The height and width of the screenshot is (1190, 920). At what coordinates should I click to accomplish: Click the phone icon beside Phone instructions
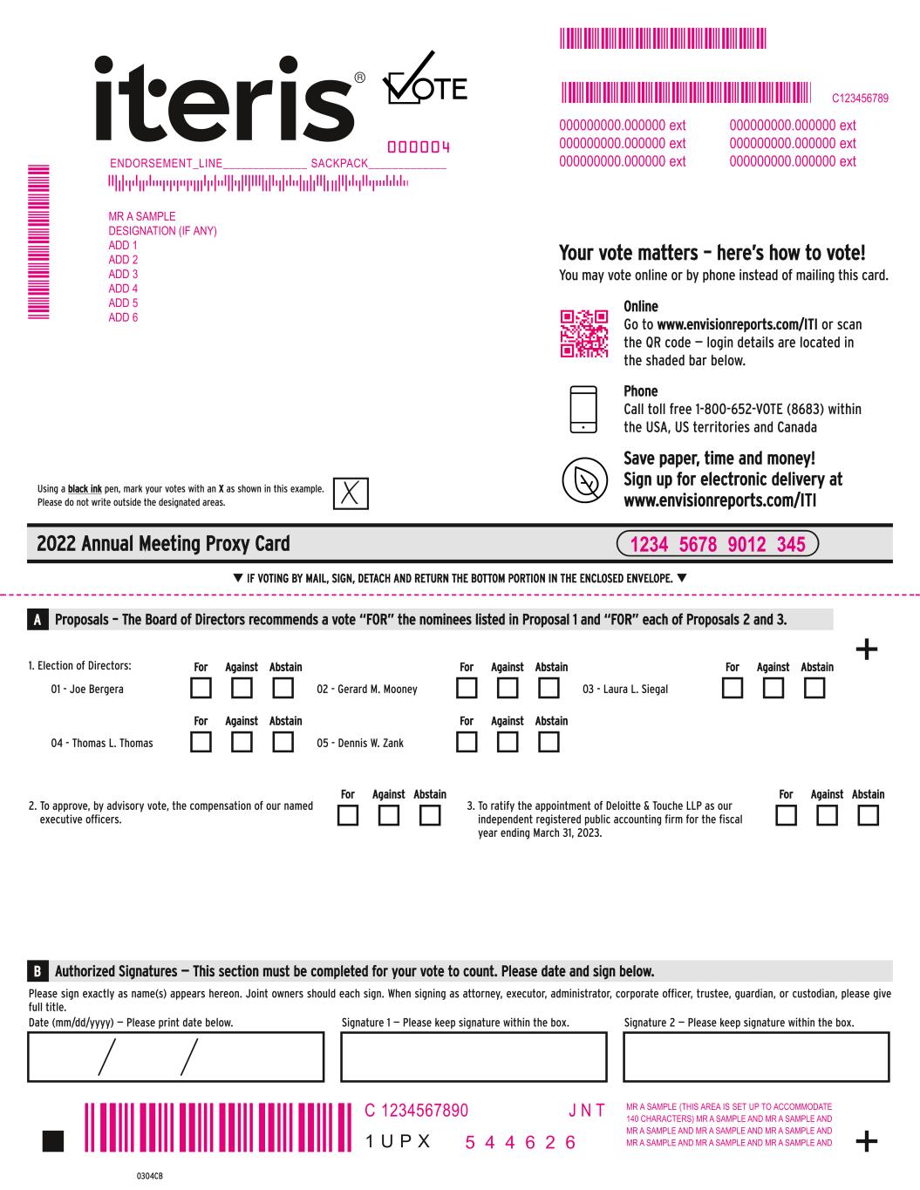583,410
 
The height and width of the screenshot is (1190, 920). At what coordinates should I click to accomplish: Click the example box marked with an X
351,493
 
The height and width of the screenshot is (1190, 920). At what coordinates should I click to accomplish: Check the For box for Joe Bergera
201,689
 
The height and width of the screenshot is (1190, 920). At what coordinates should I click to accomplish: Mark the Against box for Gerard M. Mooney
508,689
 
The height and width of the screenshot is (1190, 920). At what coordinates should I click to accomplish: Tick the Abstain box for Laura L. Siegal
814,689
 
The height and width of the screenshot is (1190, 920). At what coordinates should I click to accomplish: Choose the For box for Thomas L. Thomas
201,743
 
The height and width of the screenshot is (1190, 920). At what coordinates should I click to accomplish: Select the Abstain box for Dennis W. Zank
549,743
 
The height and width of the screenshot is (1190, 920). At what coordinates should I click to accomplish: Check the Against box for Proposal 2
389,816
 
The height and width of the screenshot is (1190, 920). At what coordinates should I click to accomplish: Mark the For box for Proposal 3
786,816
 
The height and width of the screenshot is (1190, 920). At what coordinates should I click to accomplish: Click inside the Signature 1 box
473,1057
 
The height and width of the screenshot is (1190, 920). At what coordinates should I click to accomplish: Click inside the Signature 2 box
756,1057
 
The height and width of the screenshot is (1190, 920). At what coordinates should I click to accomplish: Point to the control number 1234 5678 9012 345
718,544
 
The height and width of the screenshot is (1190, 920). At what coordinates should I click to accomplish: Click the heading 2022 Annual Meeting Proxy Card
163,544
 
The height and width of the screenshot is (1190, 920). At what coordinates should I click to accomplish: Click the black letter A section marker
37,620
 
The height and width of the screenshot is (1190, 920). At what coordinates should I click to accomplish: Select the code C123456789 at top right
860,99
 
